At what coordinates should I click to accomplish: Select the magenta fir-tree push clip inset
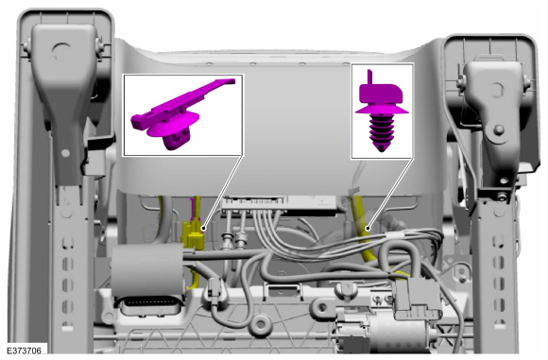(x=382, y=111)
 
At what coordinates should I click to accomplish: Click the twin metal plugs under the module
(x=237, y=242)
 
